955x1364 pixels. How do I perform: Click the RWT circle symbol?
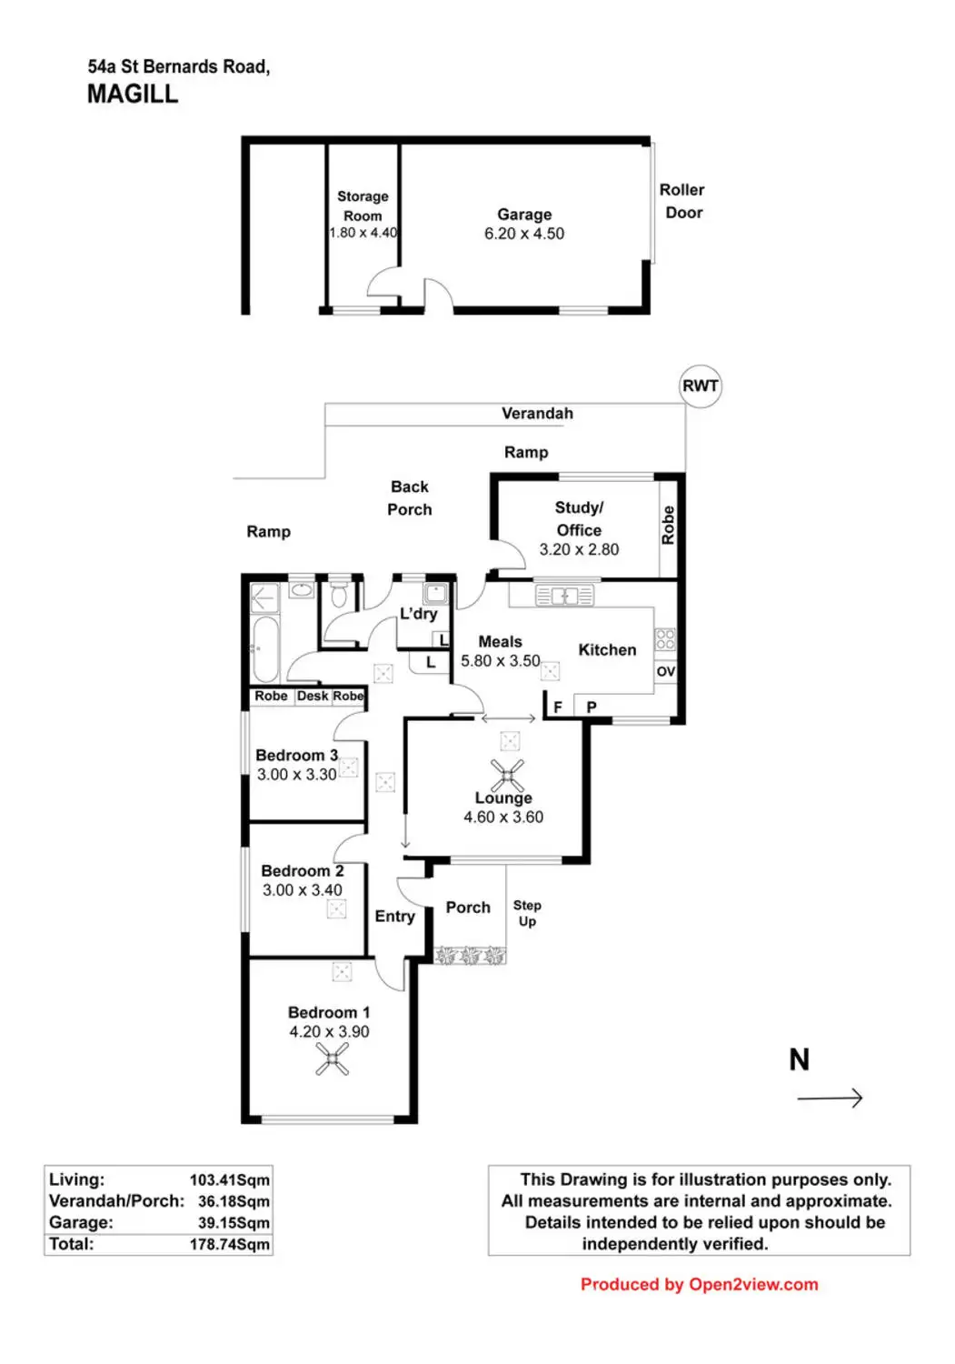click(700, 386)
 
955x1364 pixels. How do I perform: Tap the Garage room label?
click(524, 215)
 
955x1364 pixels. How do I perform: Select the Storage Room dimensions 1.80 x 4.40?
click(363, 233)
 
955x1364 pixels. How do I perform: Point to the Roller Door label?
click(682, 201)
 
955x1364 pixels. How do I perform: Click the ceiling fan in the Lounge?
click(507, 775)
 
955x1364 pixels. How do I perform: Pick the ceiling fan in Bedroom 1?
click(332, 1059)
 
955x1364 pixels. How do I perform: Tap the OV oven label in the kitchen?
click(665, 671)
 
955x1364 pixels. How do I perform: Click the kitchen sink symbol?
click(564, 595)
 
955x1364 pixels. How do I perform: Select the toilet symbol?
click(338, 595)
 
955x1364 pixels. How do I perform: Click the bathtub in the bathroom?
click(264, 649)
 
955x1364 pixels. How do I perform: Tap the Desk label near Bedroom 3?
click(313, 696)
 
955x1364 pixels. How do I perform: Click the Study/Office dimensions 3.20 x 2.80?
click(579, 549)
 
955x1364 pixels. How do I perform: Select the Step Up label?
click(527, 913)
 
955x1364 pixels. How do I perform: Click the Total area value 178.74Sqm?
click(230, 1244)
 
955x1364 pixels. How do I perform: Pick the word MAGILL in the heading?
click(133, 95)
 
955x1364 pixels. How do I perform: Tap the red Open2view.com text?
click(753, 1284)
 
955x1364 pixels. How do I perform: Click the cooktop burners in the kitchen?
click(665, 639)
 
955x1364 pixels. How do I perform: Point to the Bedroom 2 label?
click(302, 871)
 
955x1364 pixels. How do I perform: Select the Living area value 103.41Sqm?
click(230, 1180)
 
